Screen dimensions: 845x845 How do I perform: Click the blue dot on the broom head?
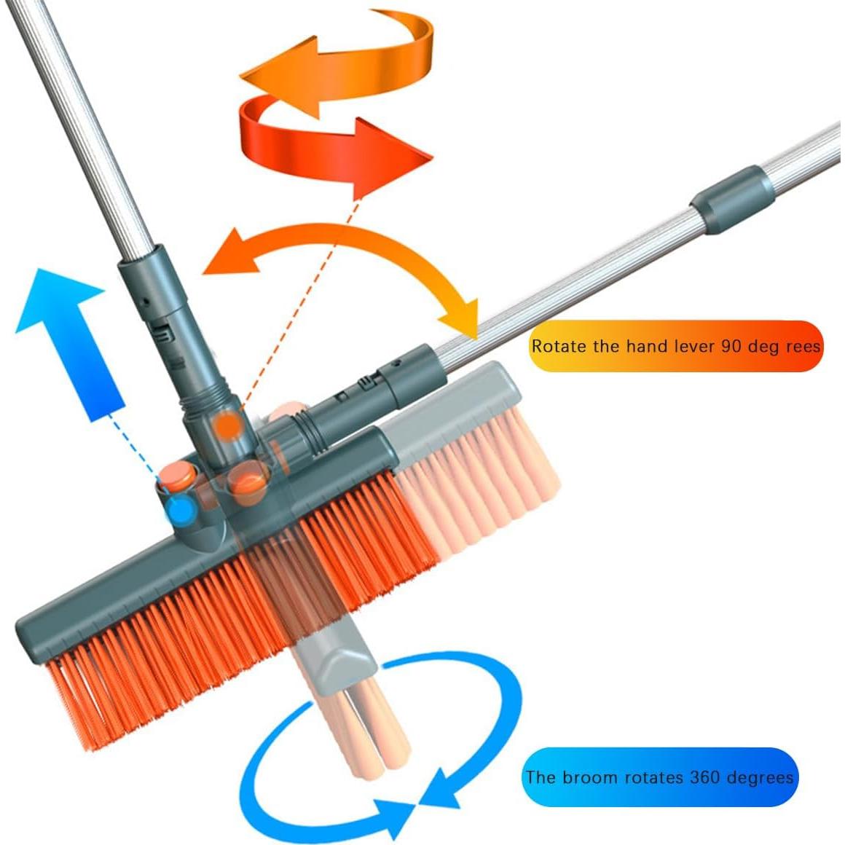(181, 508)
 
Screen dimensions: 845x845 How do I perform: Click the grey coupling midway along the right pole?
(732, 200)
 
